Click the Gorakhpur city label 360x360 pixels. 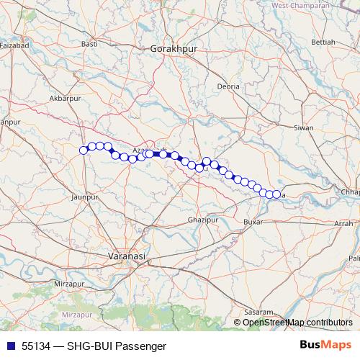[174, 48]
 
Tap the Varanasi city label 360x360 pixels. [126, 256]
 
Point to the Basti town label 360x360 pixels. [90, 45]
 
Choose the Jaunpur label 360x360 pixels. [85, 195]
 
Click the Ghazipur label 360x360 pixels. [201, 218]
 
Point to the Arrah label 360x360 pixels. [343, 224]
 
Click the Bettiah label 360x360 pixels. [323, 42]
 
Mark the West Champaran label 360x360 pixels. [300, 6]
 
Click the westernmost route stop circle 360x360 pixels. [84, 150]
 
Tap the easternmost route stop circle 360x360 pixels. [276, 194]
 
